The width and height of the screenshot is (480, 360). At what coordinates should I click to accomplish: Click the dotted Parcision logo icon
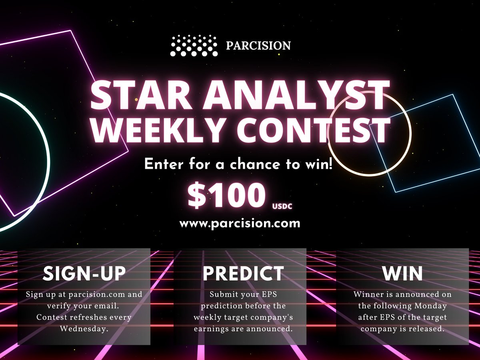point(194,45)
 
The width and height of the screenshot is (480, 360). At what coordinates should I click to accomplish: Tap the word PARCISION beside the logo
point(258,46)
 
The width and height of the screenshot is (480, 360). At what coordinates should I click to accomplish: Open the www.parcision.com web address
point(240,223)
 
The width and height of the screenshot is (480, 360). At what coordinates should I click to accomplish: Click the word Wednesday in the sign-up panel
point(84,328)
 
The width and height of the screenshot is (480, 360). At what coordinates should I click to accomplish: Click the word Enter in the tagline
point(161,164)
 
